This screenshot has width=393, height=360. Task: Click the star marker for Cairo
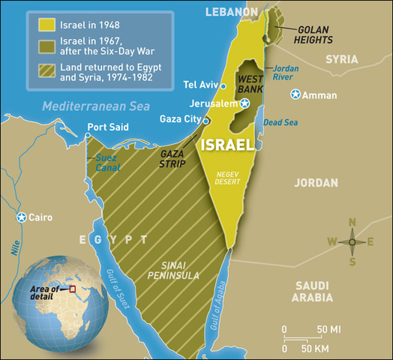coord(21,217)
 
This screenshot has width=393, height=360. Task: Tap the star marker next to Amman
coord(296,94)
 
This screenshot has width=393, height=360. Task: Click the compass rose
coord(352,241)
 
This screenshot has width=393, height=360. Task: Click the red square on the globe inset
coord(73,289)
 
